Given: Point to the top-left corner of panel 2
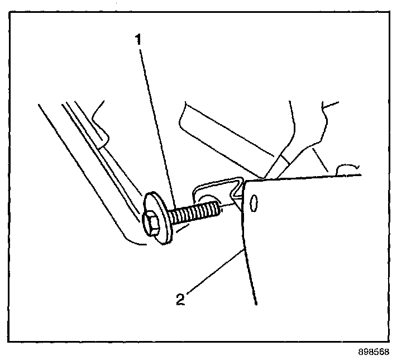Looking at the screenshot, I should pos(245,182).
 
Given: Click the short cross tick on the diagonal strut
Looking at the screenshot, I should pos(284,159).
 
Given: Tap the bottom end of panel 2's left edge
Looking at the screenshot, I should pos(255,304).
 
